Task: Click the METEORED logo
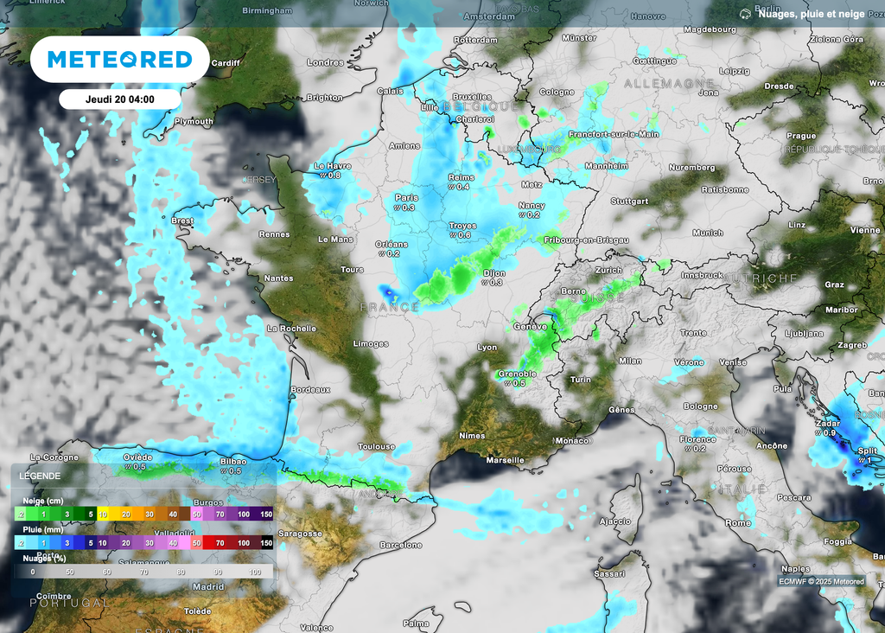pyautogui.click(x=119, y=59)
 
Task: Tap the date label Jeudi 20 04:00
pyautogui.click(x=119, y=99)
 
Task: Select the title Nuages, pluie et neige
pyautogui.click(x=812, y=13)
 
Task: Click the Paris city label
pyautogui.click(x=406, y=197)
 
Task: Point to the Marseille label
pyautogui.click(x=506, y=460)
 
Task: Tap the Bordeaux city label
pyautogui.click(x=311, y=390)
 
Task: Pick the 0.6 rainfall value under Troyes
pyautogui.click(x=464, y=235)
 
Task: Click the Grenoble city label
pyautogui.click(x=518, y=374)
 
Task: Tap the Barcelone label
pyautogui.click(x=401, y=546)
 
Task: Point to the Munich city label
pyautogui.click(x=708, y=233)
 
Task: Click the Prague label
pyautogui.click(x=801, y=136)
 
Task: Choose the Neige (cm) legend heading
pyautogui.click(x=42, y=500)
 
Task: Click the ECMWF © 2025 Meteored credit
pyautogui.click(x=820, y=581)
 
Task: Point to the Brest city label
pyautogui.click(x=182, y=221)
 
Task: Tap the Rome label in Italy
pyautogui.click(x=738, y=523)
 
